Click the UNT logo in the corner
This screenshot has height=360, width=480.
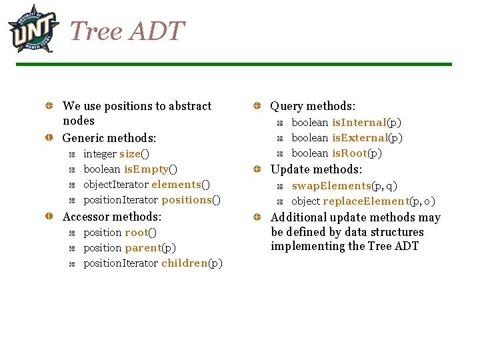(33, 28)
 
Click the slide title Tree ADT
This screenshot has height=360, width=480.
(127, 31)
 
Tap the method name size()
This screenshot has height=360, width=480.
(134, 154)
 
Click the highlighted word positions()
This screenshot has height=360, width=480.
(191, 200)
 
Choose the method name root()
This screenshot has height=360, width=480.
(141, 233)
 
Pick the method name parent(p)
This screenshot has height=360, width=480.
(150, 248)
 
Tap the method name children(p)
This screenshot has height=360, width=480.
(192, 263)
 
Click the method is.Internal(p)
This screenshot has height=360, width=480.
(367, 123)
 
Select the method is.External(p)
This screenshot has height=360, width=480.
(367, 138)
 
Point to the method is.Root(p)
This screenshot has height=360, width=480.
(357, 153)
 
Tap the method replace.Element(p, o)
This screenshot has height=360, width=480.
(379, 201)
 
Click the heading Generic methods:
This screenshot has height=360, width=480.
(109, 138)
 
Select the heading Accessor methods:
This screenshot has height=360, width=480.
(112, 217)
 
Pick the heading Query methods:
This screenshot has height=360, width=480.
(313, 106)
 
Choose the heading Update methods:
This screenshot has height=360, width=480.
(316, 170)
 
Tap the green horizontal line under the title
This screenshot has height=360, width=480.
(233, 65)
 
